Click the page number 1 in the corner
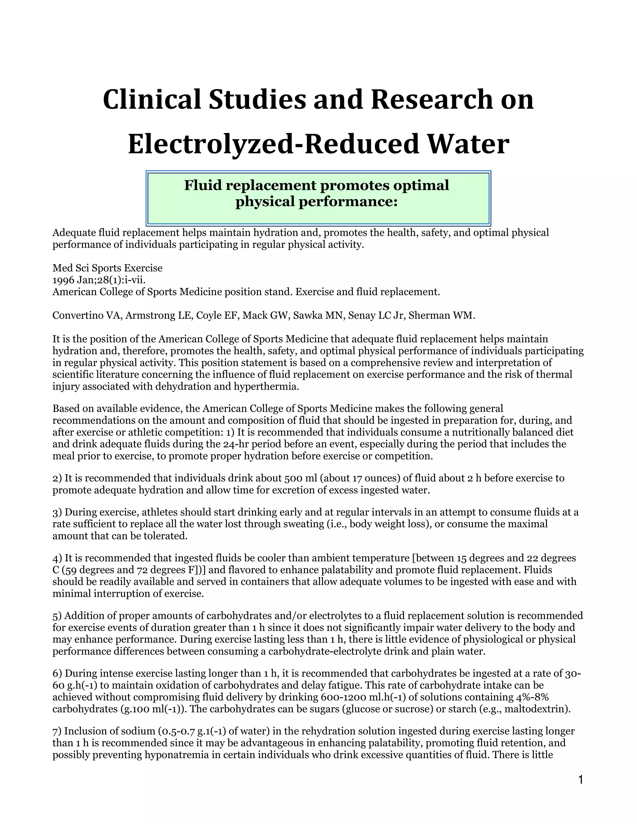(581, 779)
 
